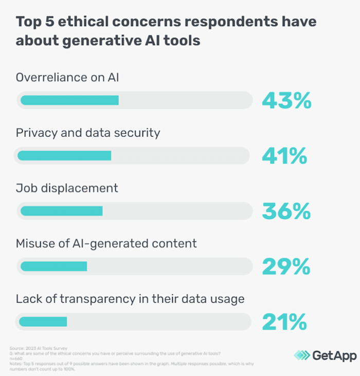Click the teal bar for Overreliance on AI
pyautogui.click(x=69, y=100)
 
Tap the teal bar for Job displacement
pyautogui.click(x=61, y=210)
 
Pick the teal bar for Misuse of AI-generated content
pyautogui.click(x=53, y=266)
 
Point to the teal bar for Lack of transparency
pyautogui.click(x=43, y=321)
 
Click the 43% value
pyautogui.click(x=286, y=101)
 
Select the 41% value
pyautogui.click(x=284, y=156)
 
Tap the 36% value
pyautogui.click(x=286, y=211)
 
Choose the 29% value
pyautogui.click(x=286, y=266)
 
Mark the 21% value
pyautogui.click(x=284, y=322)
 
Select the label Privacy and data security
pyautogui.click(x=88, y=133)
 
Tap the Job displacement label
pyautogui.click(x=67, y=188)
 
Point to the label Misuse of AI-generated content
pyautogui.click(x=106, y=243)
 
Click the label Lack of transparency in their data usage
pyautogui.click(x=130, y=298)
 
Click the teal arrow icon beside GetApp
pyautogui.click(x=302, y=355)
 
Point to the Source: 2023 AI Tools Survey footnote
pyautogui.click(x=32, y=348)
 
